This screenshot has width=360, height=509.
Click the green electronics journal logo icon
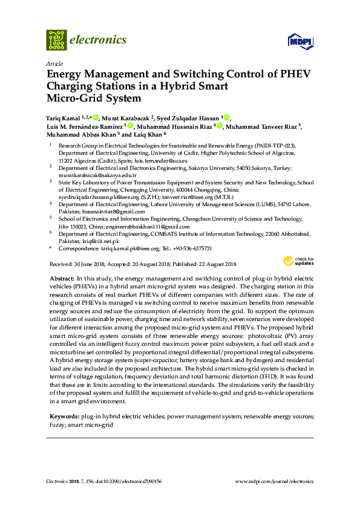[57, 40]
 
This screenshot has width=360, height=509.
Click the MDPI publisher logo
[301, 41]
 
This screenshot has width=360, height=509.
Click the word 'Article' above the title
[53, 63]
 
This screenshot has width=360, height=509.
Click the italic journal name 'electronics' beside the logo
[99, 40]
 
